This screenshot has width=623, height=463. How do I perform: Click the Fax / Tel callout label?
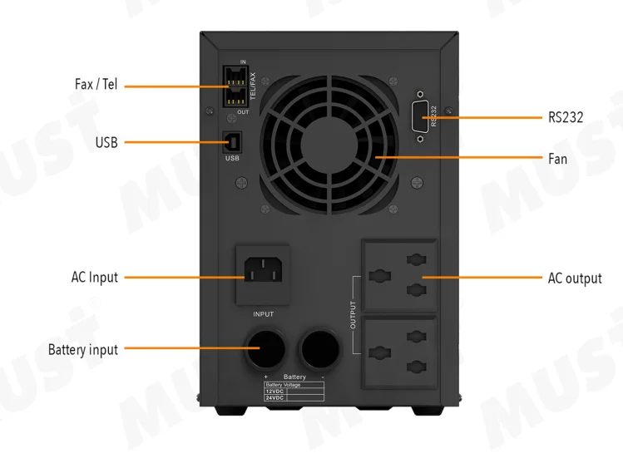[x=96, y=85]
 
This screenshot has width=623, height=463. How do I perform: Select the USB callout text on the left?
[x=106, y=143]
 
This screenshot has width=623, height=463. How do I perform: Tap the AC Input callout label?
[x=95, y=277]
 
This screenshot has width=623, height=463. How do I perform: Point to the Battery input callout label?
[x=83, y=350]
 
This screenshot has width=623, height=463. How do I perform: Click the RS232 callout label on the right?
[x=565, y=118]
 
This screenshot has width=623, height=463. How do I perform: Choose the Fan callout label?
[x=557, y=157]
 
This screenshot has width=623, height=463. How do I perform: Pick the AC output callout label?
[x=574, y=278]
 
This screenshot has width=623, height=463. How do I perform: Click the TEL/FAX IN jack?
[x=235, y=76]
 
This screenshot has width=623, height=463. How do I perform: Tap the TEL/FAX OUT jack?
[x=235, y=96]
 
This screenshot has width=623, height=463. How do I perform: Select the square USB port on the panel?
[x=232, y=142]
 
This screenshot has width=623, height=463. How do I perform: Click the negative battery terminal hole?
[x=322, y=347]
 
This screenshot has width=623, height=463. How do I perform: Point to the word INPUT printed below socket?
[x=263, y=314]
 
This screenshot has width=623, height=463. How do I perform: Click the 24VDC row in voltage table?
[x=275, y=398]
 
